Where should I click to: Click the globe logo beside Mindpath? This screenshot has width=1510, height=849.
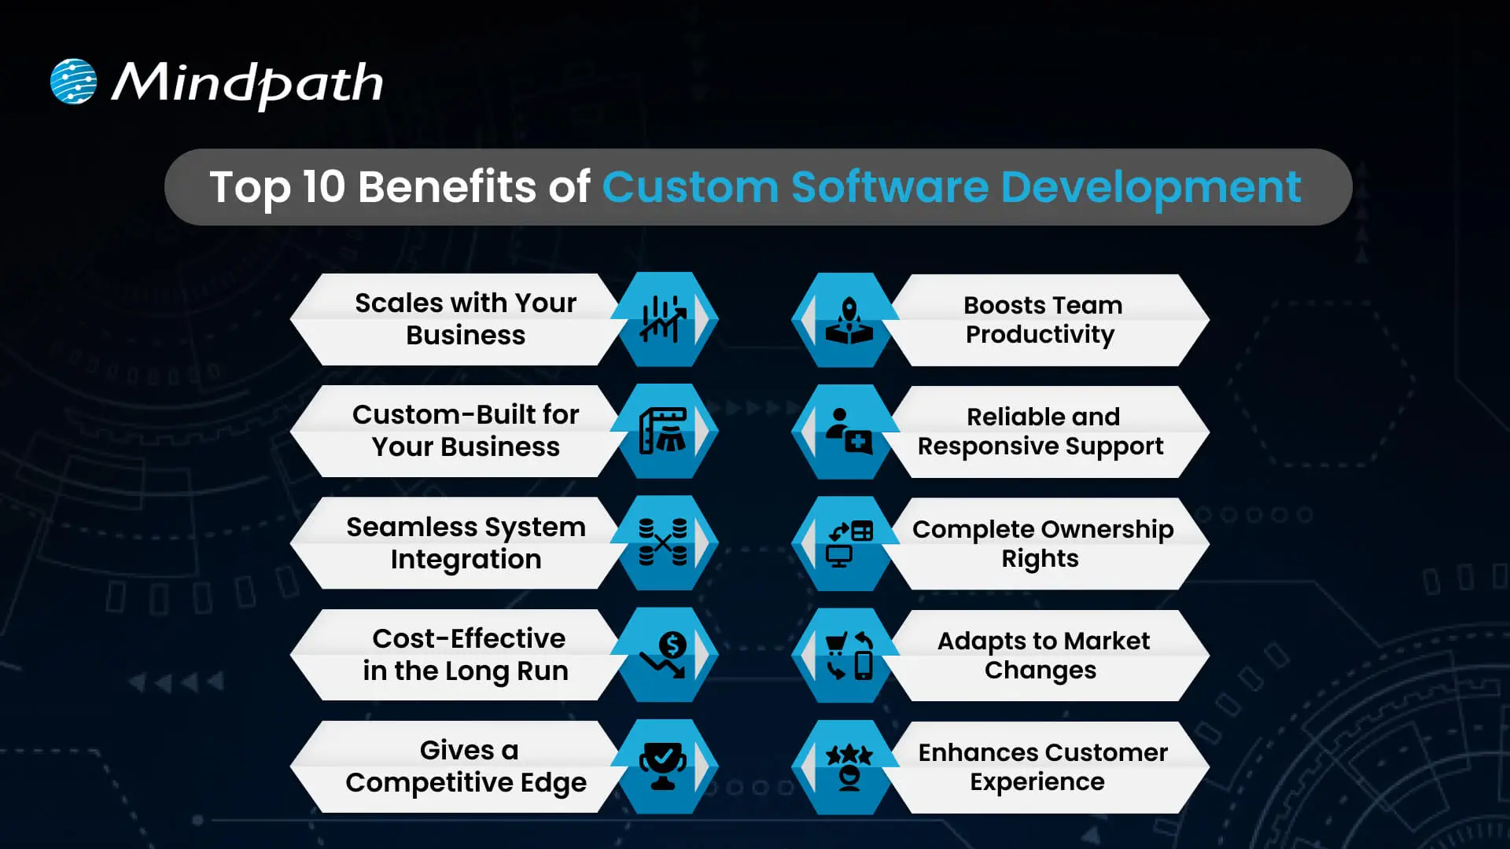(73, 82)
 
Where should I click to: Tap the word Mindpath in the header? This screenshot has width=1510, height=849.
(247, 83)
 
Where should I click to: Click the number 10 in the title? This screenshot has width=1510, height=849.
(323, 187)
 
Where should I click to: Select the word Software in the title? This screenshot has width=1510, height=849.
(889, 187)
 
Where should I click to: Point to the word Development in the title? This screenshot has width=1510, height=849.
(1151, 187)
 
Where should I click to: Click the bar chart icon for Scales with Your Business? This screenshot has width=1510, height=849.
(662, 319)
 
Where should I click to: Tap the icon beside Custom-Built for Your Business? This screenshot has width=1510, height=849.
(662, 431)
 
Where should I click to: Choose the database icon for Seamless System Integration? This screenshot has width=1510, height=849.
(662, 542)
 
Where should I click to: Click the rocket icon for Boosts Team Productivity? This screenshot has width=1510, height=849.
(849, 320)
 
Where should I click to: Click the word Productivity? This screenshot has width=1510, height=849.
(1040, 335)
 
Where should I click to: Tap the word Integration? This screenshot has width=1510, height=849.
(466, 560)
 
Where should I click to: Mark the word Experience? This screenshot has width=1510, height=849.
(1037, 782)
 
